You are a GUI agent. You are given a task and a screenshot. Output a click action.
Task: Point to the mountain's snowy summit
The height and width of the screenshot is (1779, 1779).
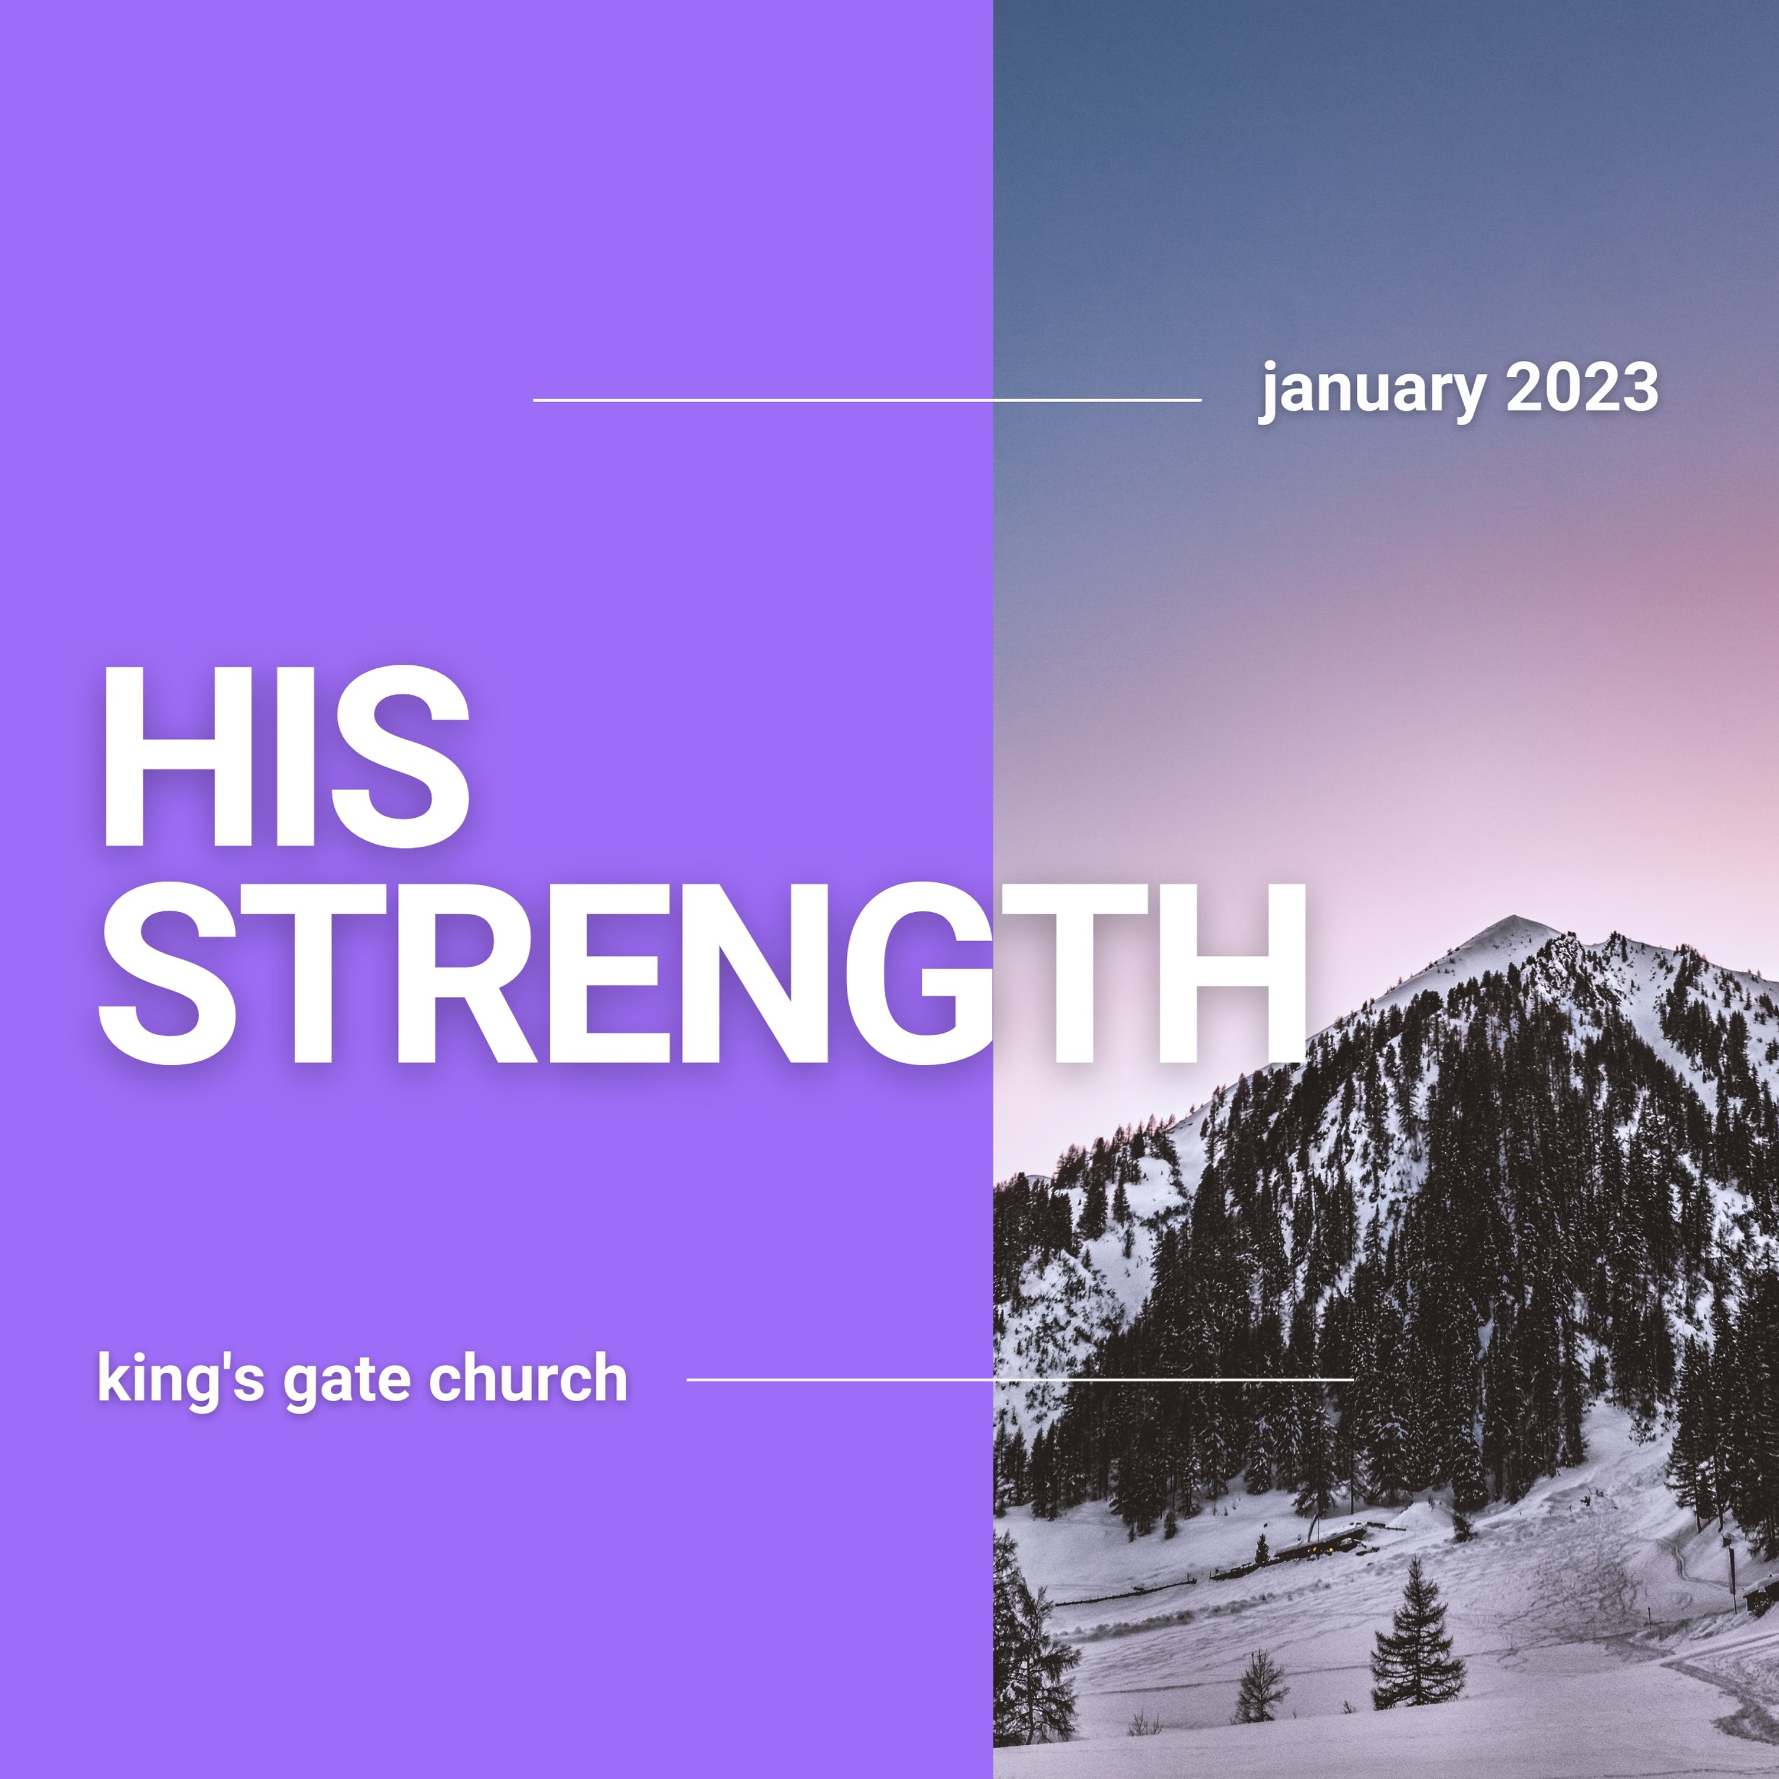(1513, 922)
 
